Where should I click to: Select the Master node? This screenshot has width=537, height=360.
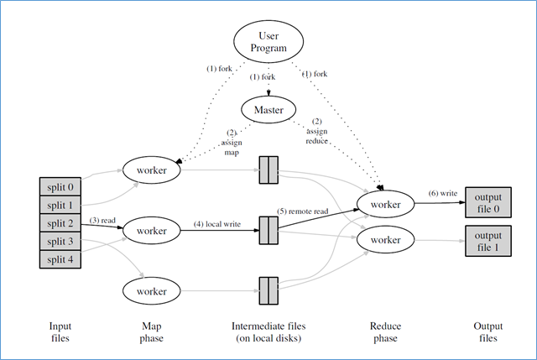268,109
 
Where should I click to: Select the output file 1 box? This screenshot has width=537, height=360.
487,241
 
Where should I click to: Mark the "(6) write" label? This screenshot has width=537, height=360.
443,193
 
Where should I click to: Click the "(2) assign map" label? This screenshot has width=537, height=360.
232,142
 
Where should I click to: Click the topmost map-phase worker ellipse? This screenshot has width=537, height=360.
151,170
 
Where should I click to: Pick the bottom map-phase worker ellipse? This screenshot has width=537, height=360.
151,290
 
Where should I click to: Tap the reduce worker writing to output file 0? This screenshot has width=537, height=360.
385,204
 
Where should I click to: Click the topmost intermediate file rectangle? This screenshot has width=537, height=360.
268,170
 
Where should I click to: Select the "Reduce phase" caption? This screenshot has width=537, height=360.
385,332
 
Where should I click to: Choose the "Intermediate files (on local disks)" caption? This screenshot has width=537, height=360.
268,332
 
